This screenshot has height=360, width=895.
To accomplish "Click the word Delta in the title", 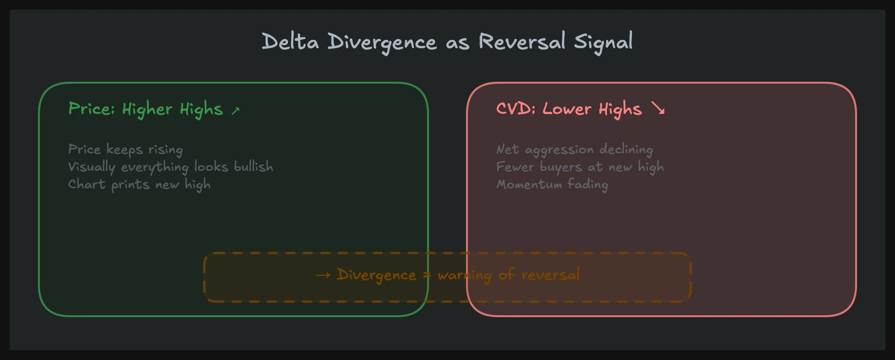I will pyautogui.click(x=290, y=42).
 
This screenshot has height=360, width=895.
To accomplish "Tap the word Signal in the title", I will pyautogui.click(x=603, y=42).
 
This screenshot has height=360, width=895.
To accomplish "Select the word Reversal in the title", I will pyautogui.click(x=522, y=42).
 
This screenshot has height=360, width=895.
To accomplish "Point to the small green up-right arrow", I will pyautogui.click(x=235, y=111).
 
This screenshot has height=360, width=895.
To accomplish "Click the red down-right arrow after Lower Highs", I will pyautogui.click(x=658, y=108).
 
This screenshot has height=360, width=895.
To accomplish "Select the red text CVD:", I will pyautogui.click(x=516, y=108).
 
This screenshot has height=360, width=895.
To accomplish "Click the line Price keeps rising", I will pyautogui.click(x=125, y=149).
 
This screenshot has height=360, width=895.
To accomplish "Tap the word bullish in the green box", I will pyautogui.click(x=253, y=167).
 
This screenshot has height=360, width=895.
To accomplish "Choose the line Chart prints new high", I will pyautogui.click(x=139, y=184).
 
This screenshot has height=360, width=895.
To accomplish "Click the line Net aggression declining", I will pyautogui.click(x=574, y=149).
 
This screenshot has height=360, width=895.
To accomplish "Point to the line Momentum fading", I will pyautogui.click(x=552, y=184).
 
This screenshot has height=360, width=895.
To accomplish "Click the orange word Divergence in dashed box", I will pyautogui.click(x=376, y=275).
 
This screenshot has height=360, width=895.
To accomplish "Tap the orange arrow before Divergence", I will pyautogui.click(x=323, y=275).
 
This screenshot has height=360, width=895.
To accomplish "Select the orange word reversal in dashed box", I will pyautogui.click(x=551, y=275).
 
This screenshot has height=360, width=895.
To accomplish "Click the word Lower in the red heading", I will pyautogui.click(x=567, y=108).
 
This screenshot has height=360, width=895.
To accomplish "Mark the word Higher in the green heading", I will pyautogui.click(x=147, y=108).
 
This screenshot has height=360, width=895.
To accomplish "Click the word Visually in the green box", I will pyautogui.click(x=92, y=167).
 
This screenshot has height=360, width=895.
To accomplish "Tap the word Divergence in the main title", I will pyautogui.click(x=382, y=42).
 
